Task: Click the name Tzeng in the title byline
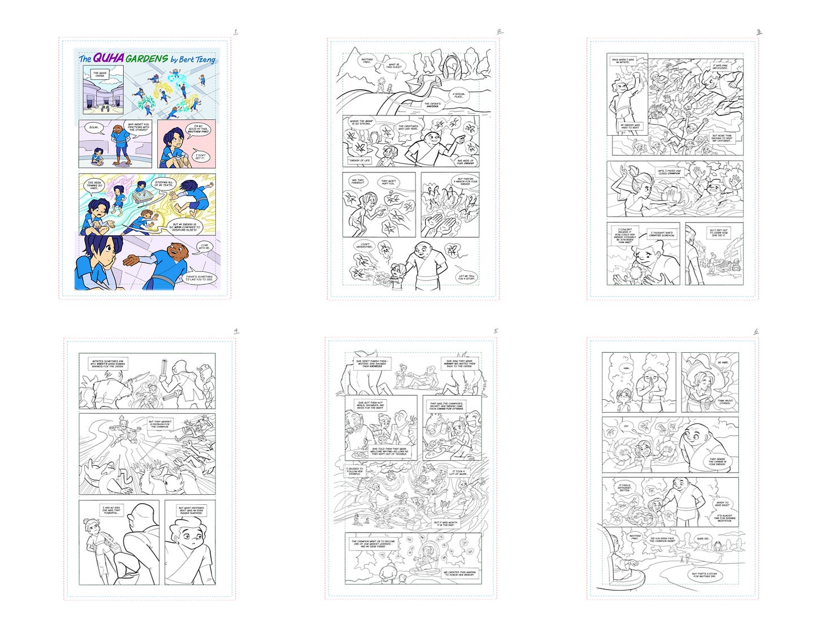pos(204,59)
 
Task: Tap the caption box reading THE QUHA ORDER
pos(96,73)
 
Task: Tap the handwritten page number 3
pos(759,32)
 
